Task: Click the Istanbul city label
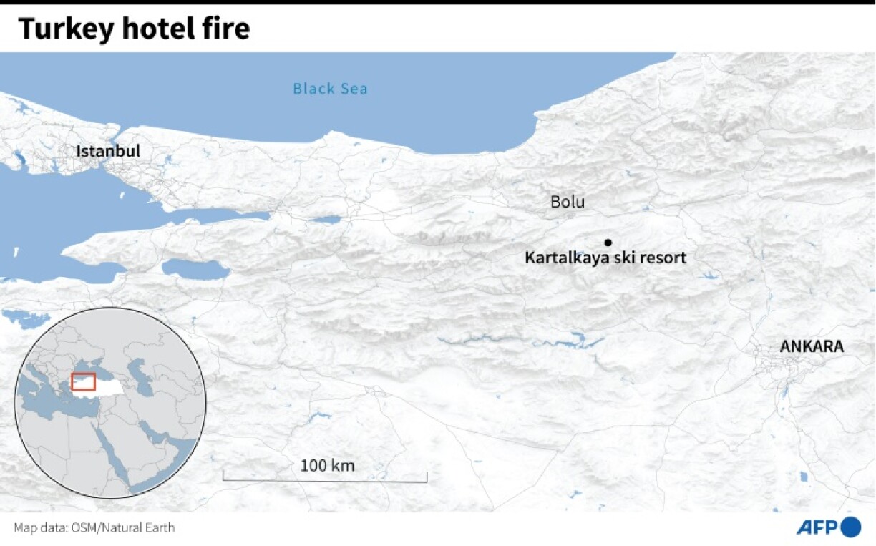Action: tap(108, 151)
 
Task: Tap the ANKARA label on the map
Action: tap(811, 346)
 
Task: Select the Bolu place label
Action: tap(567, 202)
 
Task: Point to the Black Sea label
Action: tap(330, 89)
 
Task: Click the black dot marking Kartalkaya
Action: tap(608, 242)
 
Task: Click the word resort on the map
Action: tap(663, 258)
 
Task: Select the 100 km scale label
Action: tap(327, 466)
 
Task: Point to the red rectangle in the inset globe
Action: tap(84, 381)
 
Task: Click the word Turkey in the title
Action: tap(57, 29)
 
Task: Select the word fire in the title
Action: tap(226, 29)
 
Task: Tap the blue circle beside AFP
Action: tap(850, 527)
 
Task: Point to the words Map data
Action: tap(39, 528)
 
